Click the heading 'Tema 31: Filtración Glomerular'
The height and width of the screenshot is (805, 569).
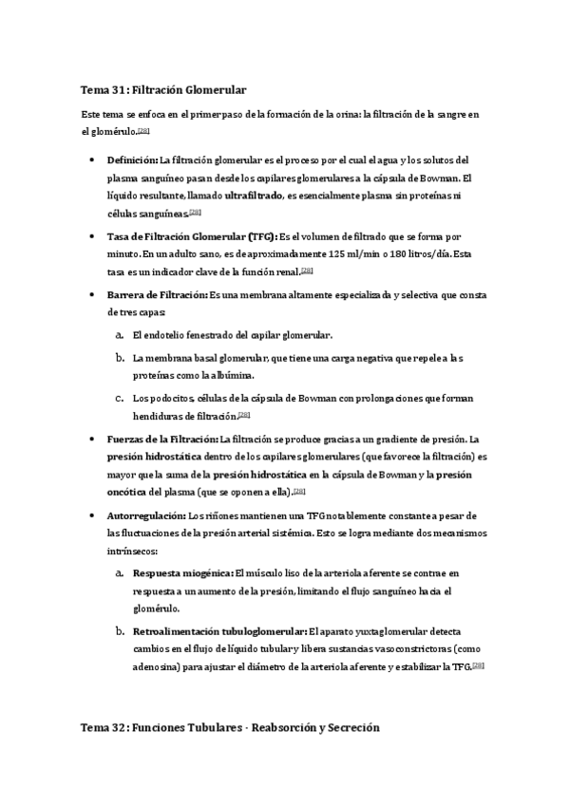[x=164, y=89]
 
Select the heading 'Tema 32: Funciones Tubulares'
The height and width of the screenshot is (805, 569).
[x=230, y=728]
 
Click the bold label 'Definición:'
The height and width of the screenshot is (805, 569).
[x=132, y=160]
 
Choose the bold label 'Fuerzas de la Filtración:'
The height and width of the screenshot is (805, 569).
[x=162, y=440]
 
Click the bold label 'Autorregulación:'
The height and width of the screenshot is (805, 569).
[x=146, y=515]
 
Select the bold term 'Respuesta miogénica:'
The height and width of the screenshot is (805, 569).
[x=182, y=574]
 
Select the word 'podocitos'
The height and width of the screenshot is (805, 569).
[x=171, y=399]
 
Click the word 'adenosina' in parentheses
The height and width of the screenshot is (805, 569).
[x=157, y=667]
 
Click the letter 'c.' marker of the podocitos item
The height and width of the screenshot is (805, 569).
[x=119, y=399]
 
